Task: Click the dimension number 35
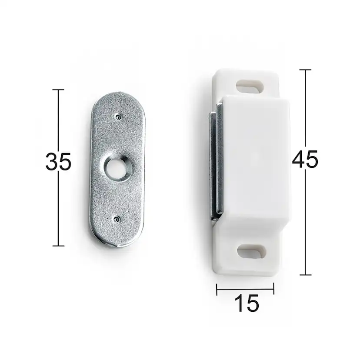[x=58, y=161]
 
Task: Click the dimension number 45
[x=305, y=159]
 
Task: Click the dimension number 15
[x=247, y=303]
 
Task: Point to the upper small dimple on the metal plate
[x=118, y=117]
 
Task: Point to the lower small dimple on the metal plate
[x=117, y=220]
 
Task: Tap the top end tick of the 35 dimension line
[x=58, y=90]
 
